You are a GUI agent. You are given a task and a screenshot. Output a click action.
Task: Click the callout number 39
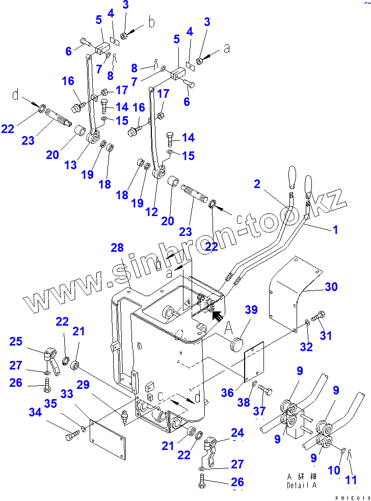point(251,310)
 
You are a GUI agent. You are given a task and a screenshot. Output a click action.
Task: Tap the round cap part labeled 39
point(237,345)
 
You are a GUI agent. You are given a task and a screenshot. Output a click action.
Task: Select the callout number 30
point(331,287)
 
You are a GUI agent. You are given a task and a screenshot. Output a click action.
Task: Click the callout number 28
point(117,248)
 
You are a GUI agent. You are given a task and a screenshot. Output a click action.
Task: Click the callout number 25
point(16,341)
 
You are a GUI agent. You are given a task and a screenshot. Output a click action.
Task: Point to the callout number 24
point(237,433)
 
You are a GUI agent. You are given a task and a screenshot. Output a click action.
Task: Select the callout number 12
point(151,213)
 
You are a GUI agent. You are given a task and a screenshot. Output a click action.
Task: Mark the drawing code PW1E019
point(352,497)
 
